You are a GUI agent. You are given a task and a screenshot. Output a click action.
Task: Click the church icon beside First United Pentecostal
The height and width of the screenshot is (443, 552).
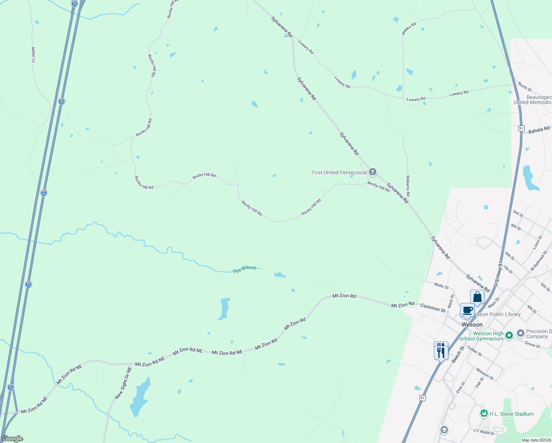pyautogui.click(x=373, y=172)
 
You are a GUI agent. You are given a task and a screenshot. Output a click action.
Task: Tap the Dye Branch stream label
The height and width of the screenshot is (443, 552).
pyautogui.click(x=244, y=269)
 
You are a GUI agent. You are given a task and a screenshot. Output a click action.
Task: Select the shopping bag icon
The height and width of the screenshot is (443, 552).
pyautogui.click(x=477, y=297)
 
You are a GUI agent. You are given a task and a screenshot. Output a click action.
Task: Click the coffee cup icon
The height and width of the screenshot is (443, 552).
pyautogui.click(x=467, y=310)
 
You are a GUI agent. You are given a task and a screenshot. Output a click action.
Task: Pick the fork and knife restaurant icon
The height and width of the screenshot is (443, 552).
pyautogui.click(x=441, y=350)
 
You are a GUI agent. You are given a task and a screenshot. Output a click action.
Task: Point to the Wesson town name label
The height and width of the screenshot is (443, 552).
pyautogui.click(x=472, y=324)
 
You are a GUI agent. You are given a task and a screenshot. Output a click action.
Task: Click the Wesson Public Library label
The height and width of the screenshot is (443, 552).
pyautogui.click(x=496, y=315)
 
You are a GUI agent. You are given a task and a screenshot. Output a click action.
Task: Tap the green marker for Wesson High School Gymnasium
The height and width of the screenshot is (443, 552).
pyautogui.click(x=509, y=336)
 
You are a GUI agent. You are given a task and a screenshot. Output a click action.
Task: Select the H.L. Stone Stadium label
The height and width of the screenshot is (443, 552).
pyautogui.click(x=511, y=414)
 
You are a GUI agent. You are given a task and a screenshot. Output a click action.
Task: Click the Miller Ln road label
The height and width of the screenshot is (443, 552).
pyautogui.click(x=33, y=55)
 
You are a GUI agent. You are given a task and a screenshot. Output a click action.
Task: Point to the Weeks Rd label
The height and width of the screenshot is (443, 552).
pyautogui.click(x=408, y=28)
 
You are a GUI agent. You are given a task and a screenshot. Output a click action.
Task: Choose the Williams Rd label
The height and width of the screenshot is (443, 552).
pyautogui.click(x=408, y=186)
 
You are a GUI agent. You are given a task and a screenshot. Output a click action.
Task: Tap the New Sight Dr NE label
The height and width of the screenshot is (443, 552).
pyautogui.click(x=123, y=383)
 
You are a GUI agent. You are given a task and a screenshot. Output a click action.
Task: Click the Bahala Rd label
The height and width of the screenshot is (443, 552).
pyautogui.click(x=539, y=130)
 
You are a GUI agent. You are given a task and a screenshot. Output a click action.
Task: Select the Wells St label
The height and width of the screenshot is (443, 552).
pyautogui.click(x=441, y=285)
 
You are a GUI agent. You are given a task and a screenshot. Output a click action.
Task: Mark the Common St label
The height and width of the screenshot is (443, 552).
pyautogui.click(x=433, y=308)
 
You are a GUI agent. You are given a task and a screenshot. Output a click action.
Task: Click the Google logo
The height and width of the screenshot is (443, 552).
pyautogui.click(x=13, y=439)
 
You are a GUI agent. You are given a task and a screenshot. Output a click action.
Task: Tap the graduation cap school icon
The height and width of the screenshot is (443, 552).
pyautogui.click(x=444, y=430)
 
